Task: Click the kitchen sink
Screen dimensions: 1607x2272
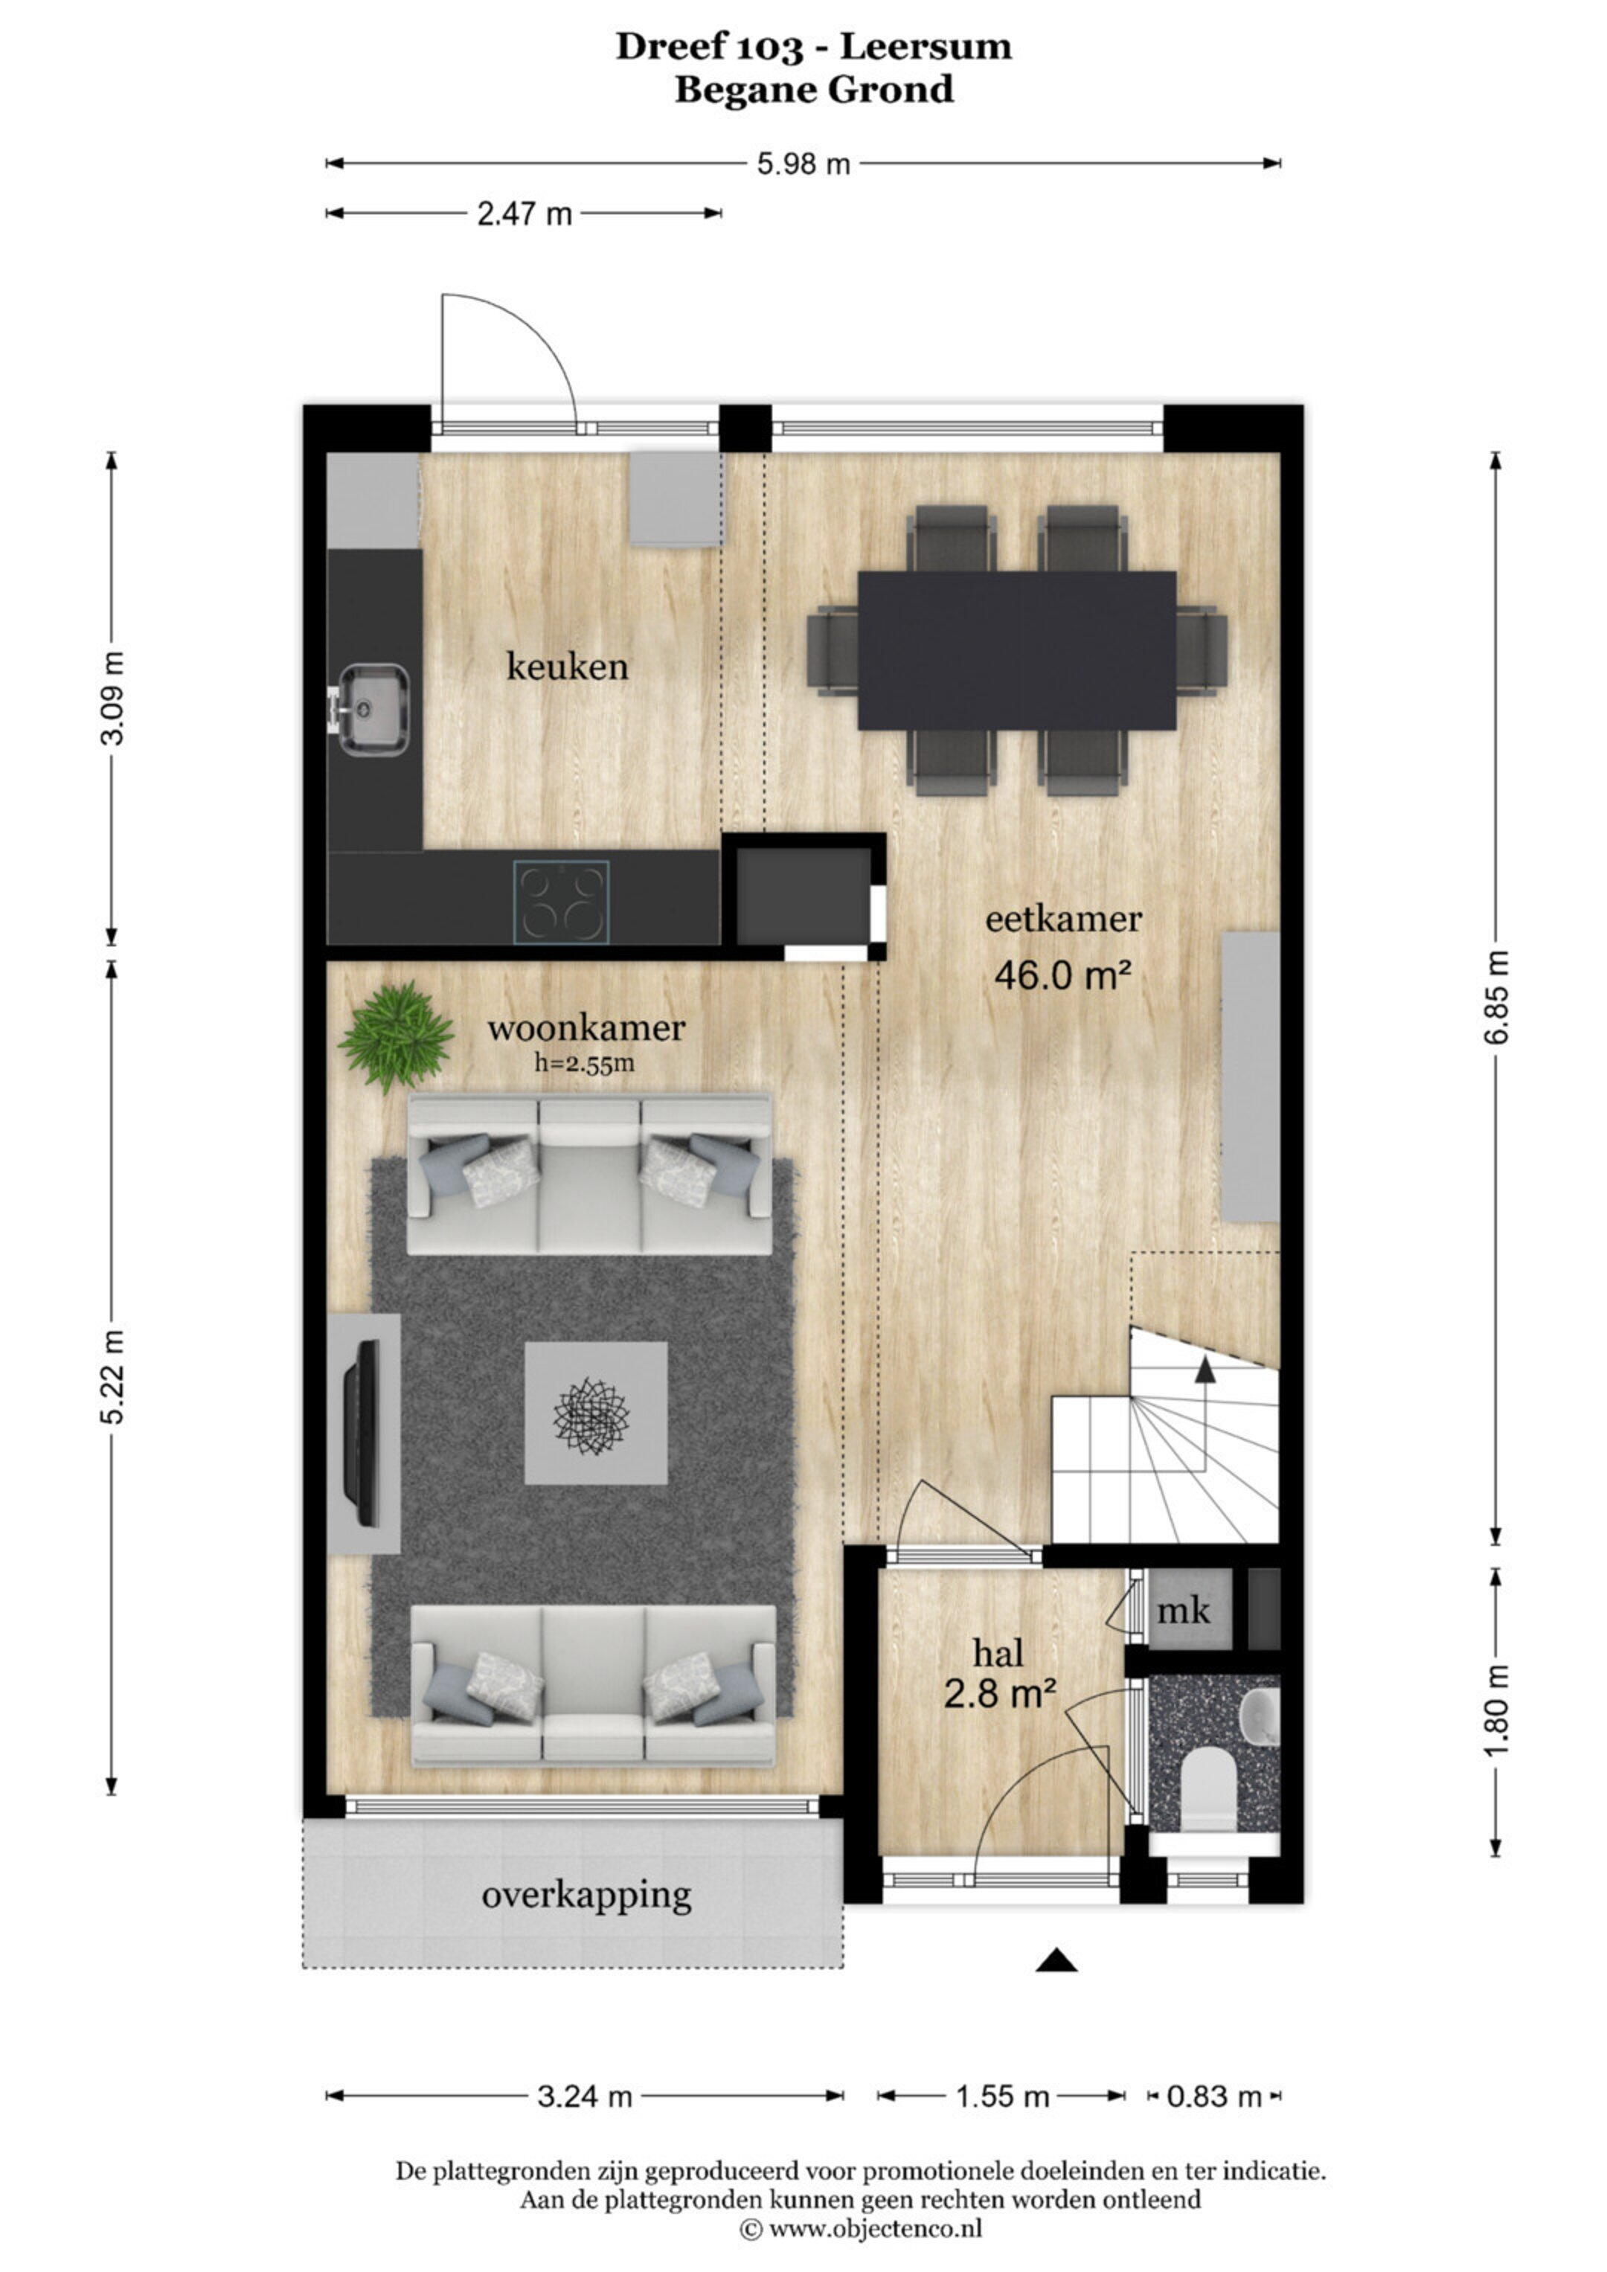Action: pos(372,710)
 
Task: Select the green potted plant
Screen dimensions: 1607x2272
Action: pos(396,1036)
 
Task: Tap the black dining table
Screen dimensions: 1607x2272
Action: pos(1017,650)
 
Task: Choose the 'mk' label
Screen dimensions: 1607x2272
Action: pos(1184,1611)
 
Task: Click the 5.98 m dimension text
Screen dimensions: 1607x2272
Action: pos(803,163)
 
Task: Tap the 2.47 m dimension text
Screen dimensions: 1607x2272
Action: pos(525,213)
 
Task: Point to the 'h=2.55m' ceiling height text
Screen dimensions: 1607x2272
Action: pos(585,1064)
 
